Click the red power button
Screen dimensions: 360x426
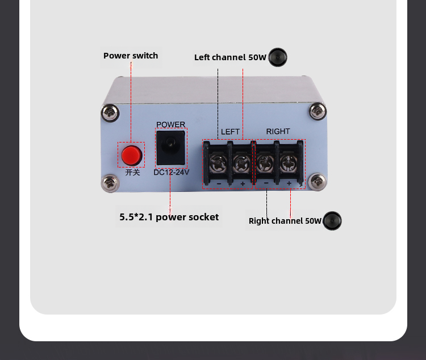(x=131, y=154)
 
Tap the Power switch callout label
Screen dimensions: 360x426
(x=131, y=56)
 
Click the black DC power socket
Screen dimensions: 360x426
(x=170, y=147)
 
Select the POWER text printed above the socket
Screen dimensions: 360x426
(x=170, y=125)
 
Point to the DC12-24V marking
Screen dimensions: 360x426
(x=171, y=172)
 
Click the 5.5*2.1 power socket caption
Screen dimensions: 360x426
(x=169, y=217)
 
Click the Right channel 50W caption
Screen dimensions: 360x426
(x=285, y=221)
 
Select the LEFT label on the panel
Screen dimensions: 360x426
(x=230, y=132)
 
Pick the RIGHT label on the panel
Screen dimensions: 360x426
(x=278, y=131)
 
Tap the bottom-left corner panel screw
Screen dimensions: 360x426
(x=108, y=183)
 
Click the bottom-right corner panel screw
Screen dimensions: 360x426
(x=318, y=182)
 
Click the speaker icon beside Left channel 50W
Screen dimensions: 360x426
(x=278, y=57)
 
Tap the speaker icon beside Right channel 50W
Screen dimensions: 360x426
(x=332, y=221)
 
